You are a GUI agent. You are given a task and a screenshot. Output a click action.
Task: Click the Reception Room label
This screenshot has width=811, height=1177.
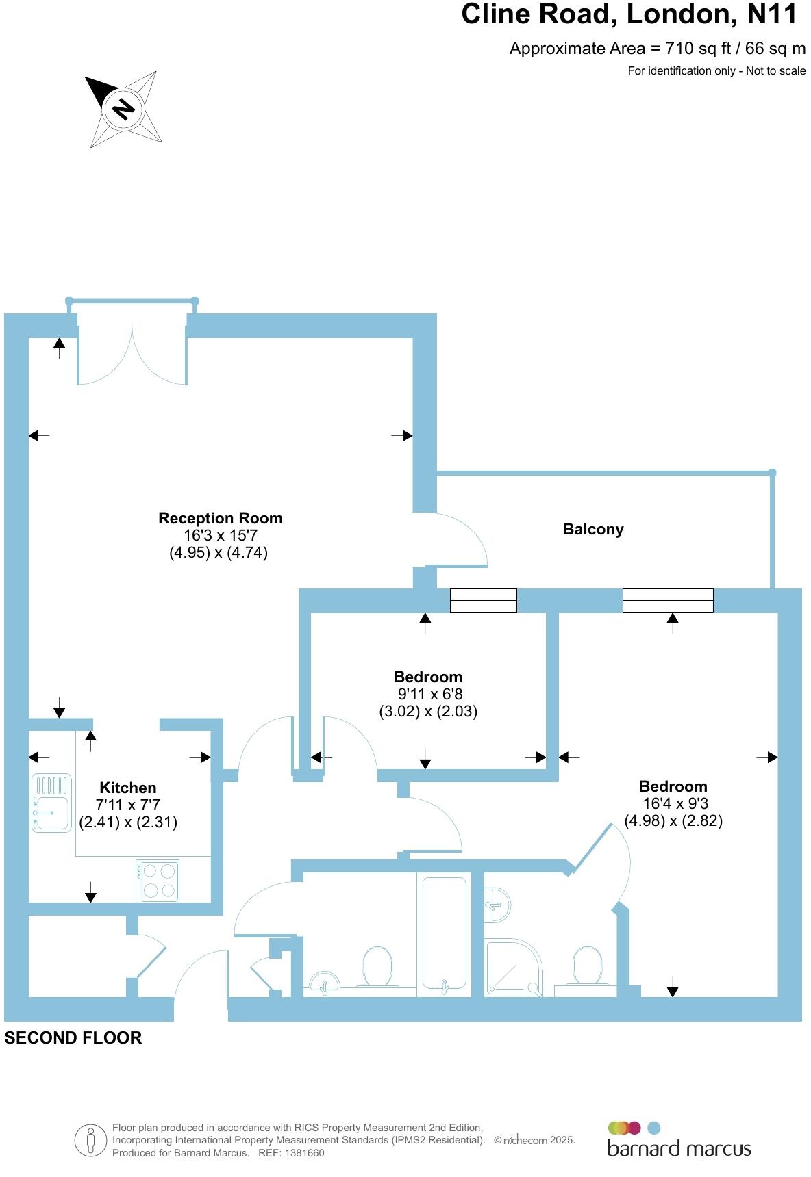(220, 518)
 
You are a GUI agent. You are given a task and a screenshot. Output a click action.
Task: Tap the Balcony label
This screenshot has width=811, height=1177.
(593, 529)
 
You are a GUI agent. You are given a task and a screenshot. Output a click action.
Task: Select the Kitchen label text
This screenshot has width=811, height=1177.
(128, 788)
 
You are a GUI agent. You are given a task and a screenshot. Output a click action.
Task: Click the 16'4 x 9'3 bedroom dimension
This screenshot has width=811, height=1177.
(673, 804)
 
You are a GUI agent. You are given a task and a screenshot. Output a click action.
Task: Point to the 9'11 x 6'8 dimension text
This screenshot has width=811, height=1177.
(428, 694)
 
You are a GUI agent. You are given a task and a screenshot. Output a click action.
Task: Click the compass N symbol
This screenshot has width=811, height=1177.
(123, 109)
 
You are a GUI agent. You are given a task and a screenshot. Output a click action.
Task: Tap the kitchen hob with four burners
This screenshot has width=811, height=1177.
(158, 881)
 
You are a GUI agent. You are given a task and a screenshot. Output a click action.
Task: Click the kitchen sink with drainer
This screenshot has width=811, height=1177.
(51, 803)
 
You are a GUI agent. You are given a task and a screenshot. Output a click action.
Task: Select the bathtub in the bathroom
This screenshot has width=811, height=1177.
(444, 934)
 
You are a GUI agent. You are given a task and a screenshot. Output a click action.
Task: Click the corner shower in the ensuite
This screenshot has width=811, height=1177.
(513, 967)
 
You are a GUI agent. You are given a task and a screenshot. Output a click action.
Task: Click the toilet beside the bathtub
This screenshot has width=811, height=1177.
(377, 966)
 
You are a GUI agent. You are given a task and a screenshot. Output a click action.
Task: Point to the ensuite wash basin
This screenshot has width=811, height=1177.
(497, 904)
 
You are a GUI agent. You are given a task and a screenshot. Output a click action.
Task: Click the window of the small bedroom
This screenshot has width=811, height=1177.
(483, 601)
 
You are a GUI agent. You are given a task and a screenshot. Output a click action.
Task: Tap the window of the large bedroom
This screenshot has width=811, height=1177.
(668, 601)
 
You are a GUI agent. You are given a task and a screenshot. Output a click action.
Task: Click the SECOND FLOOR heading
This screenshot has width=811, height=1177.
(73, 1038)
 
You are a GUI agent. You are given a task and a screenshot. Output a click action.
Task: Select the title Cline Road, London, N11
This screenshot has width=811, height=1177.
(629, 14)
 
